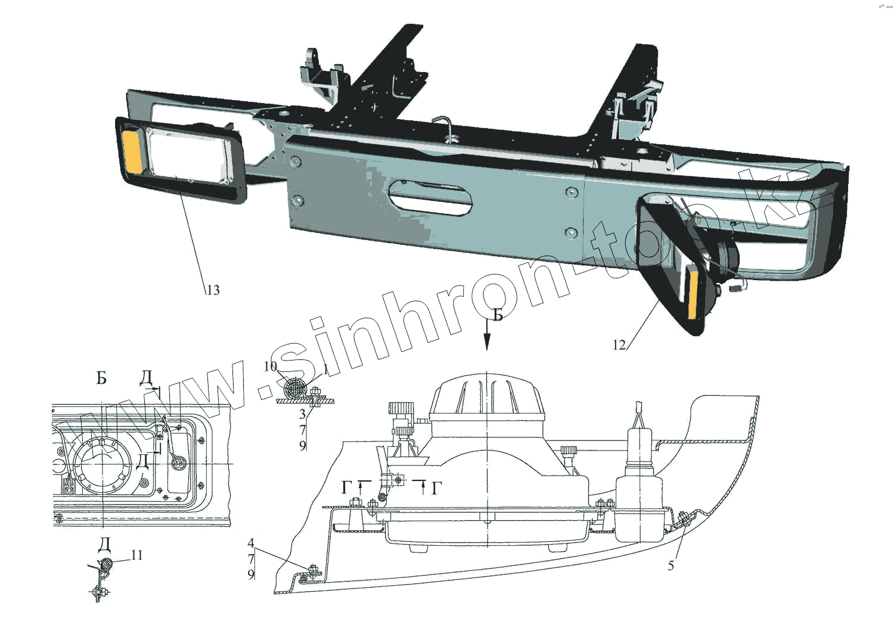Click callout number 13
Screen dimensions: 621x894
(213, 290)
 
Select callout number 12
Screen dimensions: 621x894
(619, 344)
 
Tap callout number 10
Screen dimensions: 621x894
(270, 366)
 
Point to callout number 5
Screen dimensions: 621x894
(670, 566)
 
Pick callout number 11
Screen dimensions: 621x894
(137, 555)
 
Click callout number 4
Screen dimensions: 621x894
(251, 543)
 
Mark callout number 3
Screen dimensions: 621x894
(302, 414)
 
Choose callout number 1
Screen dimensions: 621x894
(325, 368)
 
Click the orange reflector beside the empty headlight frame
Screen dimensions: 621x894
(132, 152)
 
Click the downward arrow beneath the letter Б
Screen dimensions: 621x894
(487, 337)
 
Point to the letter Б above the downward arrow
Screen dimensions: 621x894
(498, 315)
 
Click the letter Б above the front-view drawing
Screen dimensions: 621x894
(102, 378)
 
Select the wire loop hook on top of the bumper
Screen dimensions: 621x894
(444, 126)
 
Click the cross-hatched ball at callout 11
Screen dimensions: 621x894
(107, 562)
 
